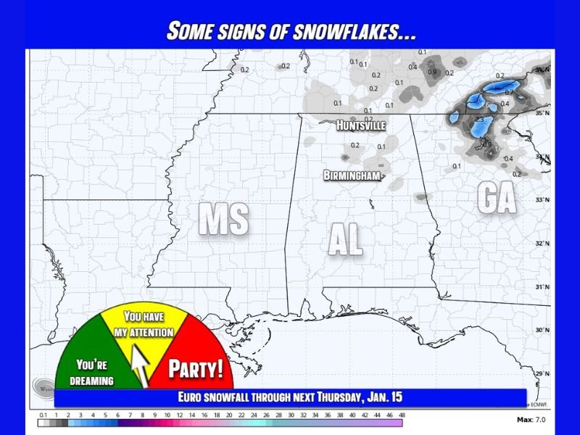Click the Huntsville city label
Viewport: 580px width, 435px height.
coord(360,125)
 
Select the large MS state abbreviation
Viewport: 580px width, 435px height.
coord(224,219)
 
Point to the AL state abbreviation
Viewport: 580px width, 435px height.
coord(345,240)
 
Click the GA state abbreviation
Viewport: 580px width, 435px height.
coord(497,197)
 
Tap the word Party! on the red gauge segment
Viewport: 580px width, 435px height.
coord(196,369)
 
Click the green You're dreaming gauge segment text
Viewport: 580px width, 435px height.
coord(95,373)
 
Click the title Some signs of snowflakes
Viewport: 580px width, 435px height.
coord(290,31)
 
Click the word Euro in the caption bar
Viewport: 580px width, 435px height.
coord(192,397)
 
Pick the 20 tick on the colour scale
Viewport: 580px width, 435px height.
coord(229,415)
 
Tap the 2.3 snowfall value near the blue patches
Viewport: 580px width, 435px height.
coord(478,119)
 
